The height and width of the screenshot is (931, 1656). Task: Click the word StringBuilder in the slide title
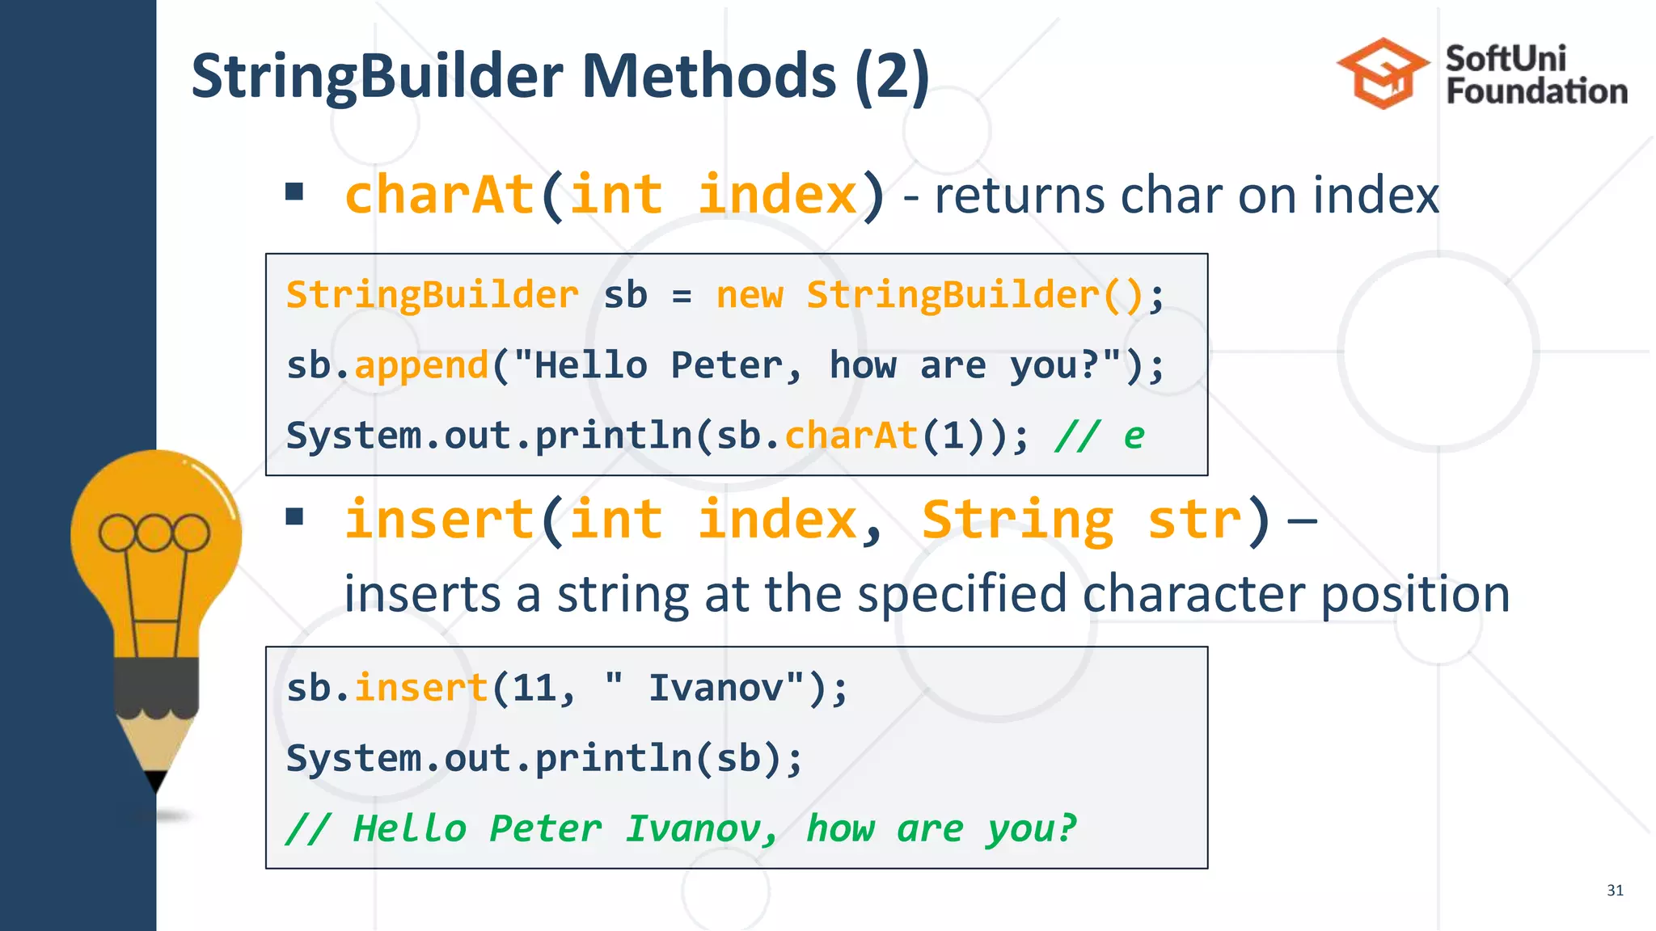click(x=378, y=77)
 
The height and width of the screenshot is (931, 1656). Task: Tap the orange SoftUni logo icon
click(x=1382, y=74)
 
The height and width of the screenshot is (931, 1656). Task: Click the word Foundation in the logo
click(x=1536, y=91)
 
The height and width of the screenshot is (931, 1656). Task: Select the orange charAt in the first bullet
click(x=439, y=195)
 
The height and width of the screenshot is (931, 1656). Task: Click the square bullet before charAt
click(x=294, y=192)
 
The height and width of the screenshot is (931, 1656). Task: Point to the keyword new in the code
click(x=749, y=295)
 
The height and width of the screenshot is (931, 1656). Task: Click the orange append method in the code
click(x=421, y=365)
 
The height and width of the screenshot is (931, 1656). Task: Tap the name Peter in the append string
click(x=726, y=365)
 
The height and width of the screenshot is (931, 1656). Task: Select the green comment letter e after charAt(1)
click(x=1134, y=436)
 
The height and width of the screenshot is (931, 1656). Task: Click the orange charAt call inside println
click(x=851, y=436)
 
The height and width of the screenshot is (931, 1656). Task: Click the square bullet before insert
click(x=294, y=516)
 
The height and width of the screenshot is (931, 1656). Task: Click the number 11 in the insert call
click(x=534, y=689)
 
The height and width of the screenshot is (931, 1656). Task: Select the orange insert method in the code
click(x=421, y=689)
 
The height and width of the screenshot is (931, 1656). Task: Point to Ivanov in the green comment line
click(x=694, y=829)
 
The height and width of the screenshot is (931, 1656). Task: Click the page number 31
click(x=1615, y=891)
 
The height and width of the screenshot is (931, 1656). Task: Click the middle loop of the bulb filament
click(x=154, y=533)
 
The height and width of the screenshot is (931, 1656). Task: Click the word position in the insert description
click(x=1415, y=594)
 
